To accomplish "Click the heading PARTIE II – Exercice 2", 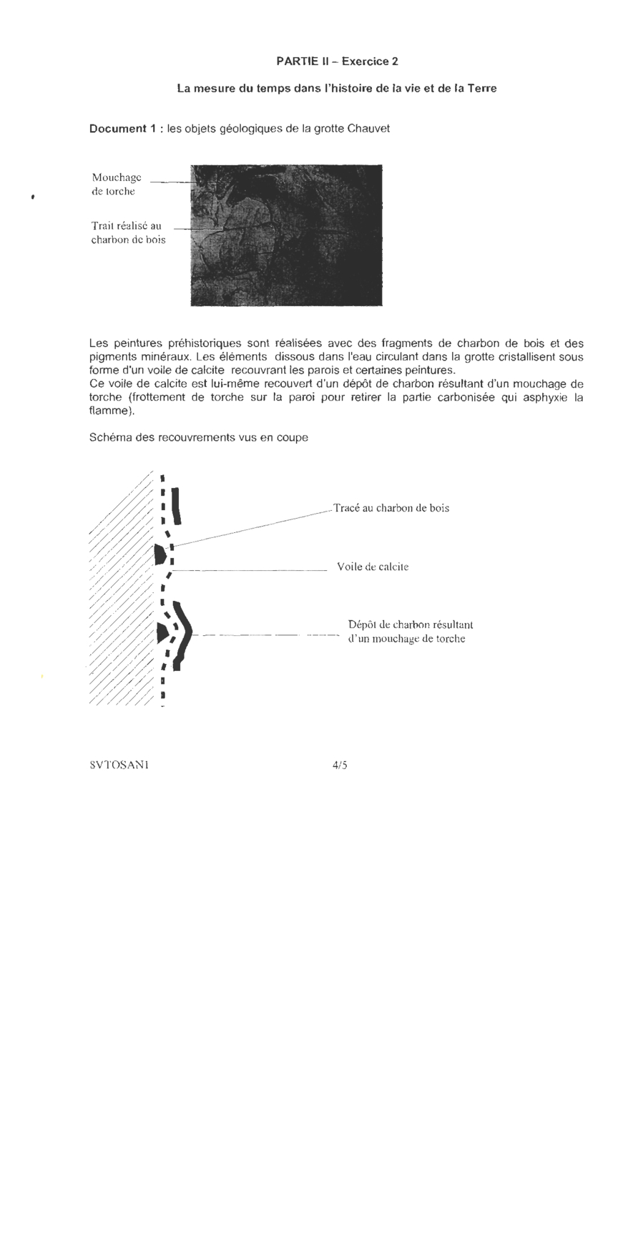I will click(x=337, y=62).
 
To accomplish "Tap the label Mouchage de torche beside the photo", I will click(x=116, y=184).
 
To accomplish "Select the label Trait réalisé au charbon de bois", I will click(x=127, y=233).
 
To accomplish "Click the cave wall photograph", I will click(x=286, y=235).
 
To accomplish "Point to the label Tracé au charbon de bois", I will click(x=391, y=509).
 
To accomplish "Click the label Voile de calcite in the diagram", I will click(x=373, y=567).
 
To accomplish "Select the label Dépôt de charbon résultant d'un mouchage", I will click(x=410, y=632).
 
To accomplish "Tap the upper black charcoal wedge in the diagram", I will click(x=160, y=553).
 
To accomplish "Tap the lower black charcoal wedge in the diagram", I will click(x=162, y=632).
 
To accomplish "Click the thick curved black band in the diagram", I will click(x=185, y=633).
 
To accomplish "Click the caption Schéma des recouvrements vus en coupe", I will click(x=199, y=437).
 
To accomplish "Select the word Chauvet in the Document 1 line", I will click(x=368, y=129).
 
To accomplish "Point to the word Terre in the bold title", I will click(x=482, y=89).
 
